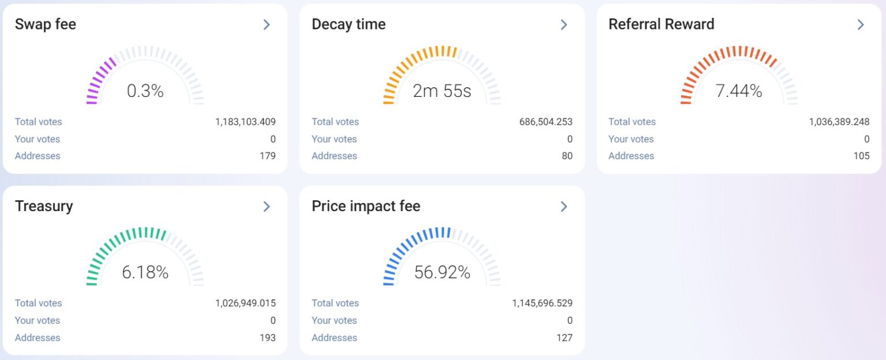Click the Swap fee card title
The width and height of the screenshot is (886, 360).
click(x=46, y=24)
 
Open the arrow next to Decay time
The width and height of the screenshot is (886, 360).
click(x=564, y=24)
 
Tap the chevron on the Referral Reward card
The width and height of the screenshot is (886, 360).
click(x=860, y=24)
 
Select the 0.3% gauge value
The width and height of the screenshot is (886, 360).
click(x=145, y=91)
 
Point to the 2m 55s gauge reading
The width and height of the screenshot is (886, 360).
click(x=442, y=91)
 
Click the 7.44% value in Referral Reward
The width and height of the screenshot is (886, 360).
click(x=739, y=91)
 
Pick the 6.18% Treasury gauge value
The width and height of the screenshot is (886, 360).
click(x=145, y=272)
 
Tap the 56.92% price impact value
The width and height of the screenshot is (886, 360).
click(x=442, y=272)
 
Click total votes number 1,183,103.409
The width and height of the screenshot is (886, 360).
click(x=245, y=122)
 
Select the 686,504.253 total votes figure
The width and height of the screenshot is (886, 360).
click(x=546, y=122)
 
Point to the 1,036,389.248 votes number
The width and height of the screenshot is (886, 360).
click(x=839, y=122)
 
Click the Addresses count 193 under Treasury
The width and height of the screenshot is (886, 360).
click(x=268, y=337)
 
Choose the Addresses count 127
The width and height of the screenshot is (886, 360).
click(x=565, y=337)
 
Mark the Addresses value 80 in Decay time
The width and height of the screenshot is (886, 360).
click(x=567, y=156)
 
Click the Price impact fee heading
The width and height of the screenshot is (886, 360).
click(x=366, y=206)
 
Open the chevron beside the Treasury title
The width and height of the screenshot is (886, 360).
click(x=266, y=206)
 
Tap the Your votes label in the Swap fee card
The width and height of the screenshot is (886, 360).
click(x=37, y=139)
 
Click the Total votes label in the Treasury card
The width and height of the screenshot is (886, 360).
click(x=38, y=303)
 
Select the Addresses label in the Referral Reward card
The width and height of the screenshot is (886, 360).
click(x=631, y=156)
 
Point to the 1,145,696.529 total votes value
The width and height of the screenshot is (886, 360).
click(x=542, y=303)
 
